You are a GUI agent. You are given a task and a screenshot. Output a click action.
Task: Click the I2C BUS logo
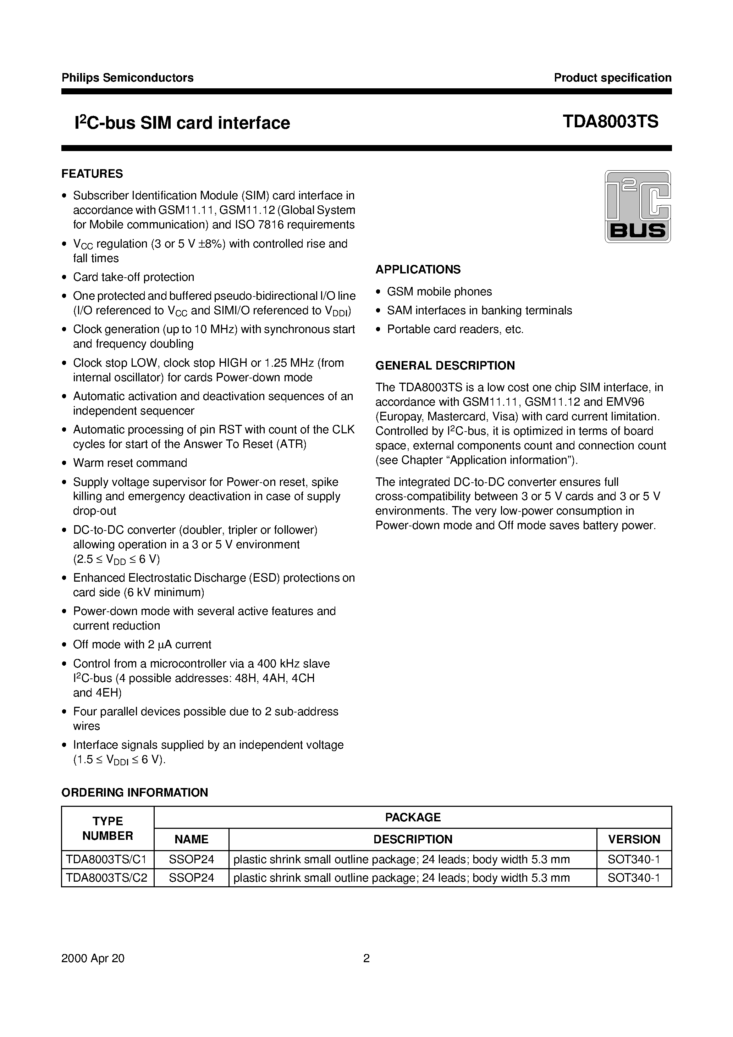point(637,206)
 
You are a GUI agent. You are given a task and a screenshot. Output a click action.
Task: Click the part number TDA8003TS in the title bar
point(610,122)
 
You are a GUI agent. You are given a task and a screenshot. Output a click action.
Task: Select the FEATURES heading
point(92,174)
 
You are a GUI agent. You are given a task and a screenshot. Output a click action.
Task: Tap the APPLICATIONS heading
point(418,270)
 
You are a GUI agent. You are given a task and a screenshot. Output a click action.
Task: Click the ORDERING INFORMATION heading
point(135,792)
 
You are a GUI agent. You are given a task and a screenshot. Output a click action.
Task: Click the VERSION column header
point(634,839)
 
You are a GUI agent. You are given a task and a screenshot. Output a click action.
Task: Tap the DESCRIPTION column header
point(413,839)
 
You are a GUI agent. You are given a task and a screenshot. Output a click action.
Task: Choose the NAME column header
point(191,839)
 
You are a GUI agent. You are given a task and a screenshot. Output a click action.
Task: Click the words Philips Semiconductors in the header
point(127,78)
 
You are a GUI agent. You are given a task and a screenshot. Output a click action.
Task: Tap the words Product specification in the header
point(612,78)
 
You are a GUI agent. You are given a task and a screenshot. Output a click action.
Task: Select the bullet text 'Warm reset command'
point(130,463)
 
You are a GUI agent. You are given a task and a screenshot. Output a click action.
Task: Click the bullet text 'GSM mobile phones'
point(439,292)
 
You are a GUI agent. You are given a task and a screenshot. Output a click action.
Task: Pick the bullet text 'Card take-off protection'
point(134,277)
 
